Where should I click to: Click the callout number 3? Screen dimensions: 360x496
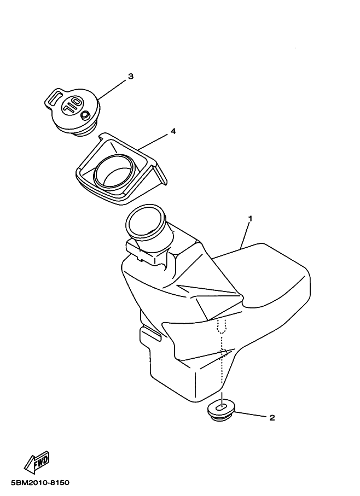coord(130,77)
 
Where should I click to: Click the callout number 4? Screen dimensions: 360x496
coord(173,131)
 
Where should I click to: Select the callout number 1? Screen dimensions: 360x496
coord(250,219)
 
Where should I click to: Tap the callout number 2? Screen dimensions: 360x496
coord(272,418)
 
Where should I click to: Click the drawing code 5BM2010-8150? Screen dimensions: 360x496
coord(40,483)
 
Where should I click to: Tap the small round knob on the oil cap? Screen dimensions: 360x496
coord(85,115)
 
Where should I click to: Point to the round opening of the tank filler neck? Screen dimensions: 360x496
coord(146,220)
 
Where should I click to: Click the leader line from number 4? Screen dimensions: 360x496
coord(153,142)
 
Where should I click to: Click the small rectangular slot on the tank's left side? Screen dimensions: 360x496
coord(150,334)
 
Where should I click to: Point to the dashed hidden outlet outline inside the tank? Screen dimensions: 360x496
coord(222,325)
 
